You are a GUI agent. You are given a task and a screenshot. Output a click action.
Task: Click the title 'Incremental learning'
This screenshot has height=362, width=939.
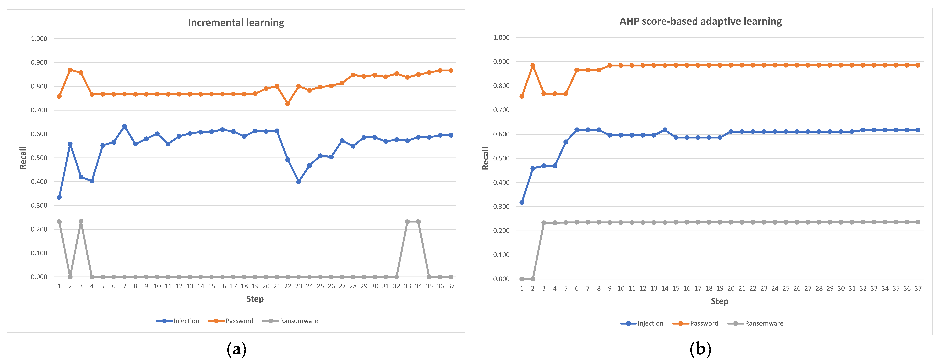(x=236, y=23)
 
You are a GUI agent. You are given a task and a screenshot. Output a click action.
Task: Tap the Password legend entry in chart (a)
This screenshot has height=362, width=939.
(x=231, y=321)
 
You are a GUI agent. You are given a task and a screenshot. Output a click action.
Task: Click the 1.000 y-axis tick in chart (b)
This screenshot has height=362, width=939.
(x=501, y=38)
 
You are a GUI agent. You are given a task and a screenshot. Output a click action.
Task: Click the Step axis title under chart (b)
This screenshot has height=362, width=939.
(x=719, y=301)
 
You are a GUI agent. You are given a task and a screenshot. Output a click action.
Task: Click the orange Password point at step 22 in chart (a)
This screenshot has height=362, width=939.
(x=288, y=104)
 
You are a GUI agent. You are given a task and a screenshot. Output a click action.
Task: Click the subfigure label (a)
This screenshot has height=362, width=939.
(x=236, y=349)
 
